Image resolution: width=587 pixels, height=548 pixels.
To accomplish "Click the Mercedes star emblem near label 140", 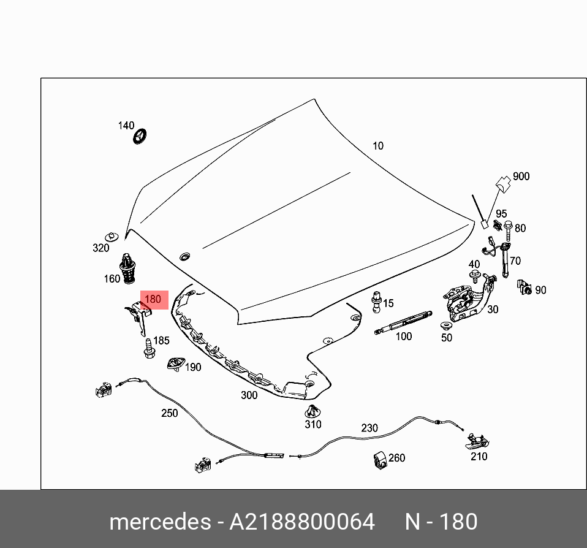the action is coord(143,137).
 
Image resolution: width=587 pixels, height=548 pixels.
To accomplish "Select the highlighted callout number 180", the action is coord(153,300).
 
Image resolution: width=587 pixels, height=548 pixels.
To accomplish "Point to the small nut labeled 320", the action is coord(112,236).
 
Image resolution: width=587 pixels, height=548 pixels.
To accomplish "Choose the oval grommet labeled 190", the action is coord(175,364).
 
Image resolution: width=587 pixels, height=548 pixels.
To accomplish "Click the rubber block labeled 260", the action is coord(380,460).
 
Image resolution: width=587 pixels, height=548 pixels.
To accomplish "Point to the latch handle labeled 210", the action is coord(477,439).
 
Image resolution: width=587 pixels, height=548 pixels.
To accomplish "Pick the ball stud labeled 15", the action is coord(376,302).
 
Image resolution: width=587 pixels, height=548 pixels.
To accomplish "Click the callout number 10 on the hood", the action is coord(378,146).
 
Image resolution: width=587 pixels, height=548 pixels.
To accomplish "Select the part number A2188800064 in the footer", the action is coord(301,522).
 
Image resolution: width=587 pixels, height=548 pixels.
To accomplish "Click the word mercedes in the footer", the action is coord(159,522).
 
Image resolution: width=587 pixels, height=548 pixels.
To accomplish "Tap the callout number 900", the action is coord(521,177).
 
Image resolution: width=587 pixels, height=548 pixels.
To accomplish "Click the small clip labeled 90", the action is coord(524,286).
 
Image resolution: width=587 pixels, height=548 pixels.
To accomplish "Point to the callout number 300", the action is coord(249,395).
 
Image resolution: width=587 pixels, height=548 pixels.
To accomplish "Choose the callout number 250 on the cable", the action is coord(170,413).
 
